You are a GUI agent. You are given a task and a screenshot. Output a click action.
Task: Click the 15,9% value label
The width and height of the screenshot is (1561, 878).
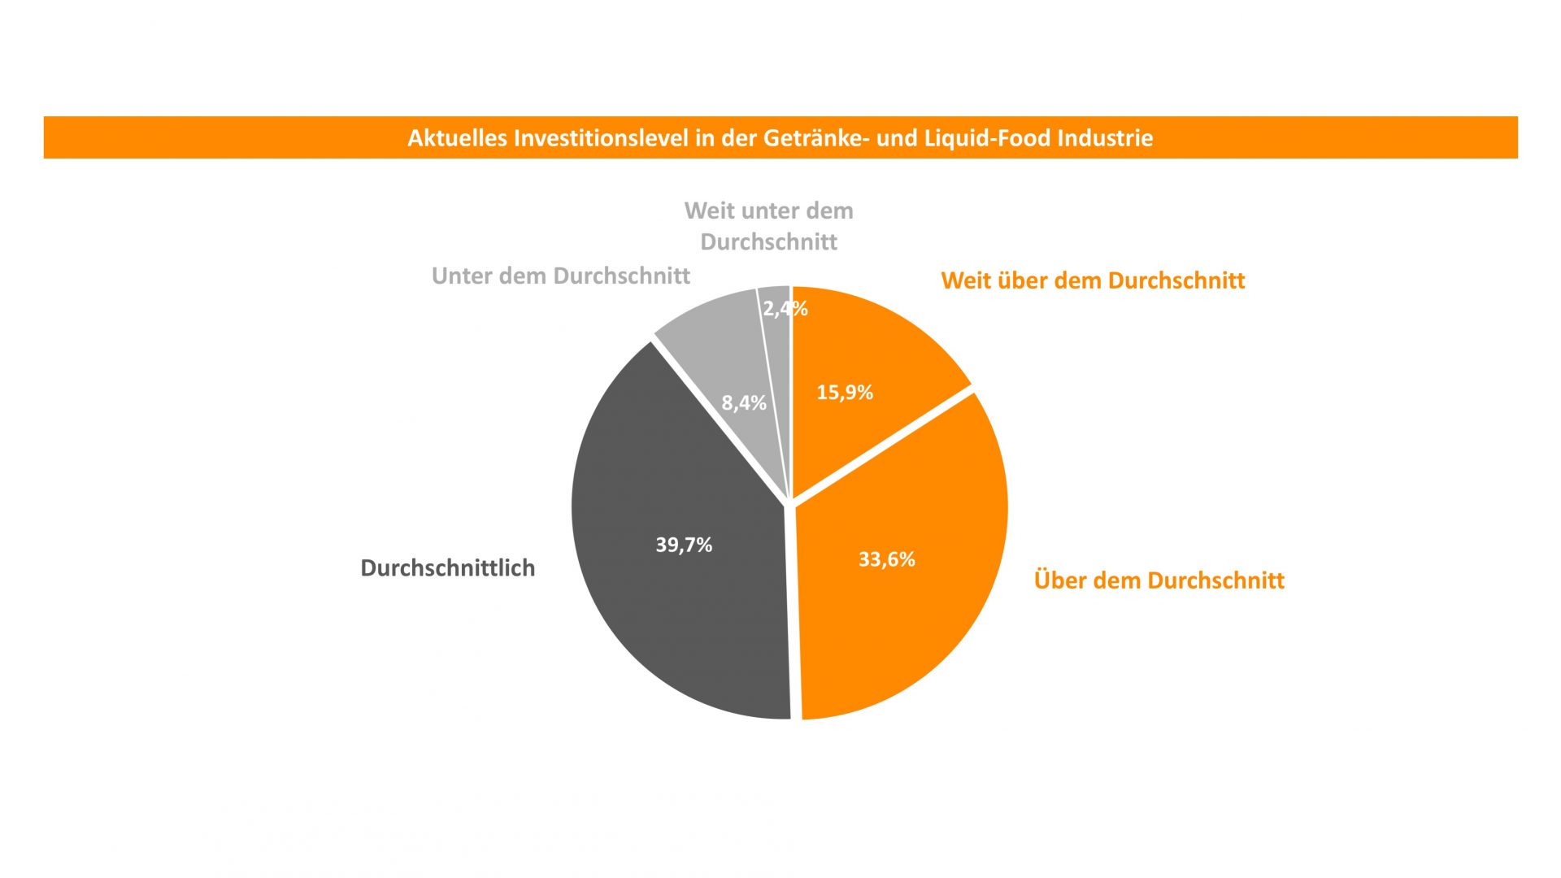coord(845,393)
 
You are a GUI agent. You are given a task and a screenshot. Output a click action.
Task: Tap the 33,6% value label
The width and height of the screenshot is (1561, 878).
coord(886,559)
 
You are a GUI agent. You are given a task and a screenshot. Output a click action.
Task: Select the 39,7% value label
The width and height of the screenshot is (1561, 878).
coord(684,545)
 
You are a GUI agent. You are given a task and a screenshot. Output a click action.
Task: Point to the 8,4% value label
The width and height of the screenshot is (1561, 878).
coord(744,402)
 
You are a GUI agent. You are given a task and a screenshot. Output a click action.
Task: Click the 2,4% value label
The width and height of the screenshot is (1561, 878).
coord(785,309)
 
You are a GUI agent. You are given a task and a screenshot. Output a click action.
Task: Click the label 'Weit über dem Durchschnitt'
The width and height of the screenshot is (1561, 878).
coord(1093,281)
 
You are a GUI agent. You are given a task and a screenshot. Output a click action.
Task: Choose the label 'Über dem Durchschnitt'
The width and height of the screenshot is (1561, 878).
coord(1159,580)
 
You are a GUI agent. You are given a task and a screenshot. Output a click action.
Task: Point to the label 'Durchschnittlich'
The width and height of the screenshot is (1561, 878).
coord(447,568)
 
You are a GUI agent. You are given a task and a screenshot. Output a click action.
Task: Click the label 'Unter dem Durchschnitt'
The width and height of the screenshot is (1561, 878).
coord(560,276)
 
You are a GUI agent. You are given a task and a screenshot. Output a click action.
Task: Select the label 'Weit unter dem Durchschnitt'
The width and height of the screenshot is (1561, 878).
coord(768,226)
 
